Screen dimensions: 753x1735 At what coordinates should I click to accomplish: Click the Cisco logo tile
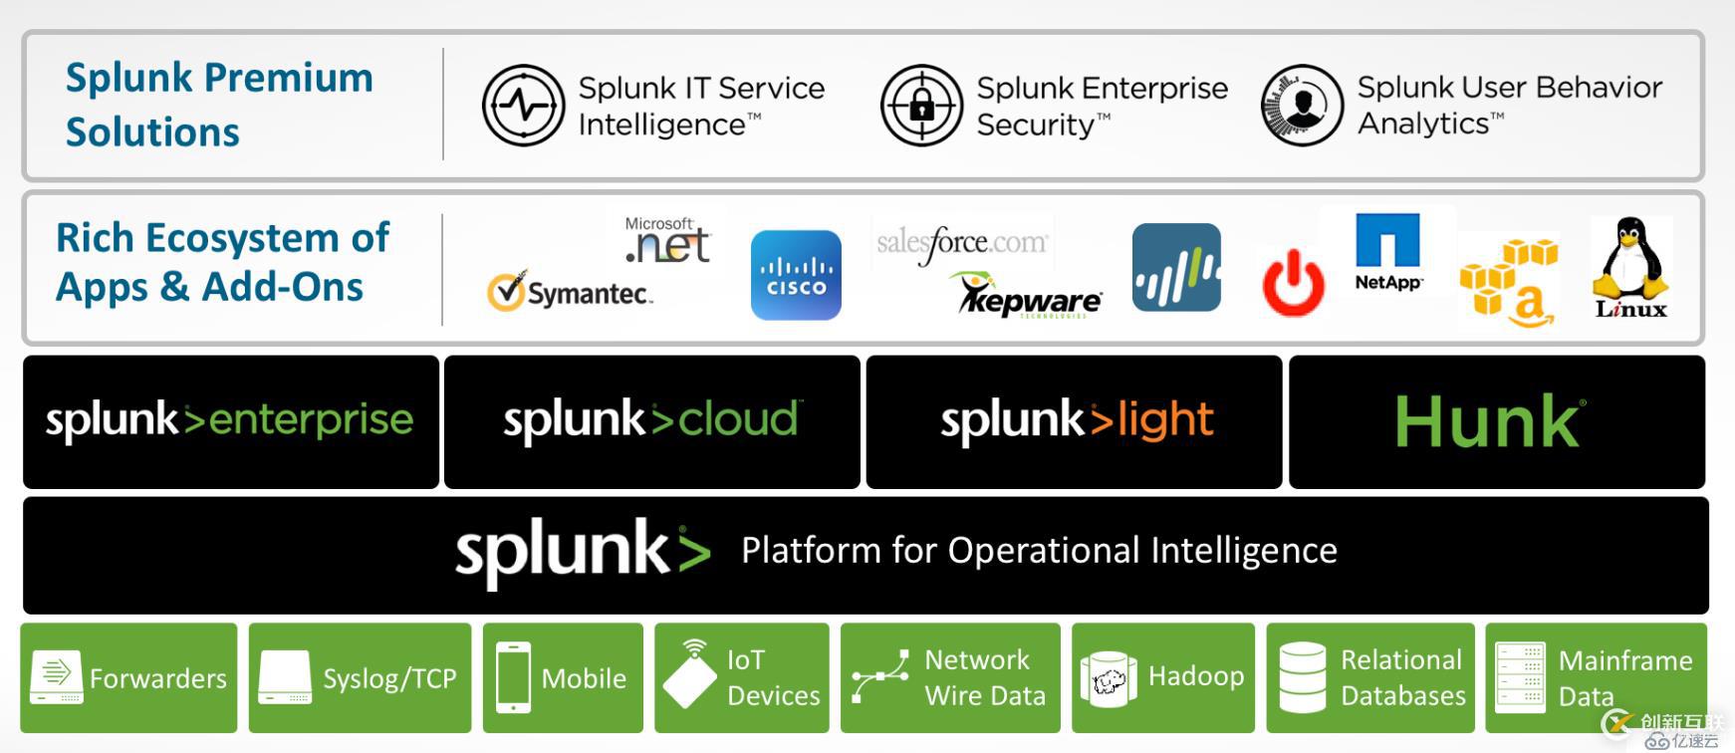(796, 275)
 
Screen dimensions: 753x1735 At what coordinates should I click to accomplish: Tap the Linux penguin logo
(1630, 267)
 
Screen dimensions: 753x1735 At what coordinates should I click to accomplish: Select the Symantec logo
(570, 292)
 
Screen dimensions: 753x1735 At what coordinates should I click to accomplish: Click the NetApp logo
(1387, 252)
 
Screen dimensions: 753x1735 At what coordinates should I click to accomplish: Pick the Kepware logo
(1030, 297)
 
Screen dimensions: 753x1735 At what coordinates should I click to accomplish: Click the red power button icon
(1293, 282)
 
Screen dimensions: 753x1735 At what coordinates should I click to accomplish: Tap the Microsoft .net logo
(666, 240)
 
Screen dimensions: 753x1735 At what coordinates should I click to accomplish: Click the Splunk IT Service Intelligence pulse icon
(524, 106)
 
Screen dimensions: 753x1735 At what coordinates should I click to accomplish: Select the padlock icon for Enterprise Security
(921, 106)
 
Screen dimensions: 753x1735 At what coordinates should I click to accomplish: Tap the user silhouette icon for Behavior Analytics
(1302, 106)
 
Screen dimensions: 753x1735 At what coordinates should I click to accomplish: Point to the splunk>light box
(1075, 421)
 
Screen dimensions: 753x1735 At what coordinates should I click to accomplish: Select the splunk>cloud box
(651, 421)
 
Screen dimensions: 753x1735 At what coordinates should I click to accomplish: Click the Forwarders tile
(128, 678)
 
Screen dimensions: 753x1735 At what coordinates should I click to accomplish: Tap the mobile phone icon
(513, 677)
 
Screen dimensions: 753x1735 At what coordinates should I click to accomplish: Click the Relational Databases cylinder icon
(1302, 677)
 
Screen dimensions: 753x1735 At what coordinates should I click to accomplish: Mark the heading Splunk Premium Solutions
(219, 105)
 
